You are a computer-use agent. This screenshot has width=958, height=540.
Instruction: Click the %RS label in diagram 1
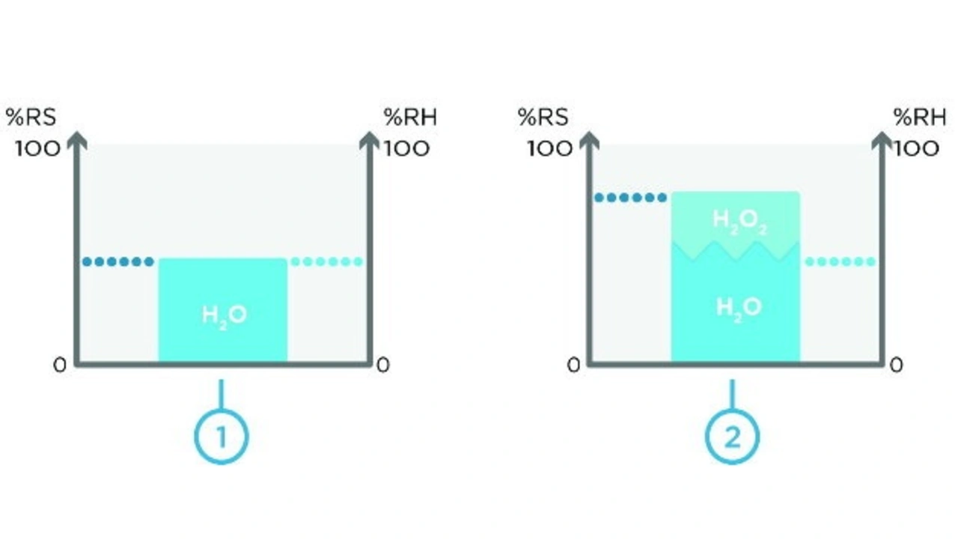31,117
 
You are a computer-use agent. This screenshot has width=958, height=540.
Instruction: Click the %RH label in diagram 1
410,117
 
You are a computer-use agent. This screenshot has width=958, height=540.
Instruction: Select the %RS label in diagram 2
543,117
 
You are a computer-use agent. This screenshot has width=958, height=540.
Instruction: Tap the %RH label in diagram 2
921,117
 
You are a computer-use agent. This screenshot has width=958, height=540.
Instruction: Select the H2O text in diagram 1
224,315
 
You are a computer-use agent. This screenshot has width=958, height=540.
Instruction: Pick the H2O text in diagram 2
739,307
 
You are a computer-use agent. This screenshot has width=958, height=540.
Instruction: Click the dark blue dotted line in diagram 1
118,261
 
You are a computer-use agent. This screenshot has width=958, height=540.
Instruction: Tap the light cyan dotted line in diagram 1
326,261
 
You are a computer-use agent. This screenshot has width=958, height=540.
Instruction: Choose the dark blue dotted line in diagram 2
630,198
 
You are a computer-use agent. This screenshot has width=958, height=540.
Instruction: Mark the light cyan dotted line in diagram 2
839,261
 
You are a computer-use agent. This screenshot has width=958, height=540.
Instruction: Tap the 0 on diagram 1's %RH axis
382,365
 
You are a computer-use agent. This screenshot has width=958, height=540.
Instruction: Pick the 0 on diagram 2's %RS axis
573,365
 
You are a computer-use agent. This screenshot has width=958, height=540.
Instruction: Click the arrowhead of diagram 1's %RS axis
76,140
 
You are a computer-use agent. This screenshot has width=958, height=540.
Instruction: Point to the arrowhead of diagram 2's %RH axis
883,140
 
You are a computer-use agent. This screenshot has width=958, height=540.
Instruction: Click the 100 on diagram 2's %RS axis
549,148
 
